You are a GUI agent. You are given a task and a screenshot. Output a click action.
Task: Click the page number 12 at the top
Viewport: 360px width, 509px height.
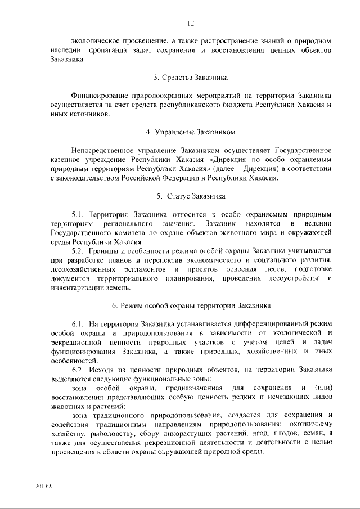point(191,23)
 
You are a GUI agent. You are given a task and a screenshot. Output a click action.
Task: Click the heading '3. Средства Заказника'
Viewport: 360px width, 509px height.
point(191,77)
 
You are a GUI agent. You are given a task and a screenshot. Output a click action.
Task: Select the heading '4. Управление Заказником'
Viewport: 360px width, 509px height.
point(191,132)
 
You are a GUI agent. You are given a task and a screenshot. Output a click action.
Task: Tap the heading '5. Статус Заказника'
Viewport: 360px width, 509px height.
point(191,196)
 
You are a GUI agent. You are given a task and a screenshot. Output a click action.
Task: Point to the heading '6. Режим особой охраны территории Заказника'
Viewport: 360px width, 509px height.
point(191,306)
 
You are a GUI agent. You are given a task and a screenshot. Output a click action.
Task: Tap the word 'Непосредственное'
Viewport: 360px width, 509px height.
point(104,151)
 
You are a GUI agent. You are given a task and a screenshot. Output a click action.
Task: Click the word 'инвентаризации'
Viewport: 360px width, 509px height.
point(76,288)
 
